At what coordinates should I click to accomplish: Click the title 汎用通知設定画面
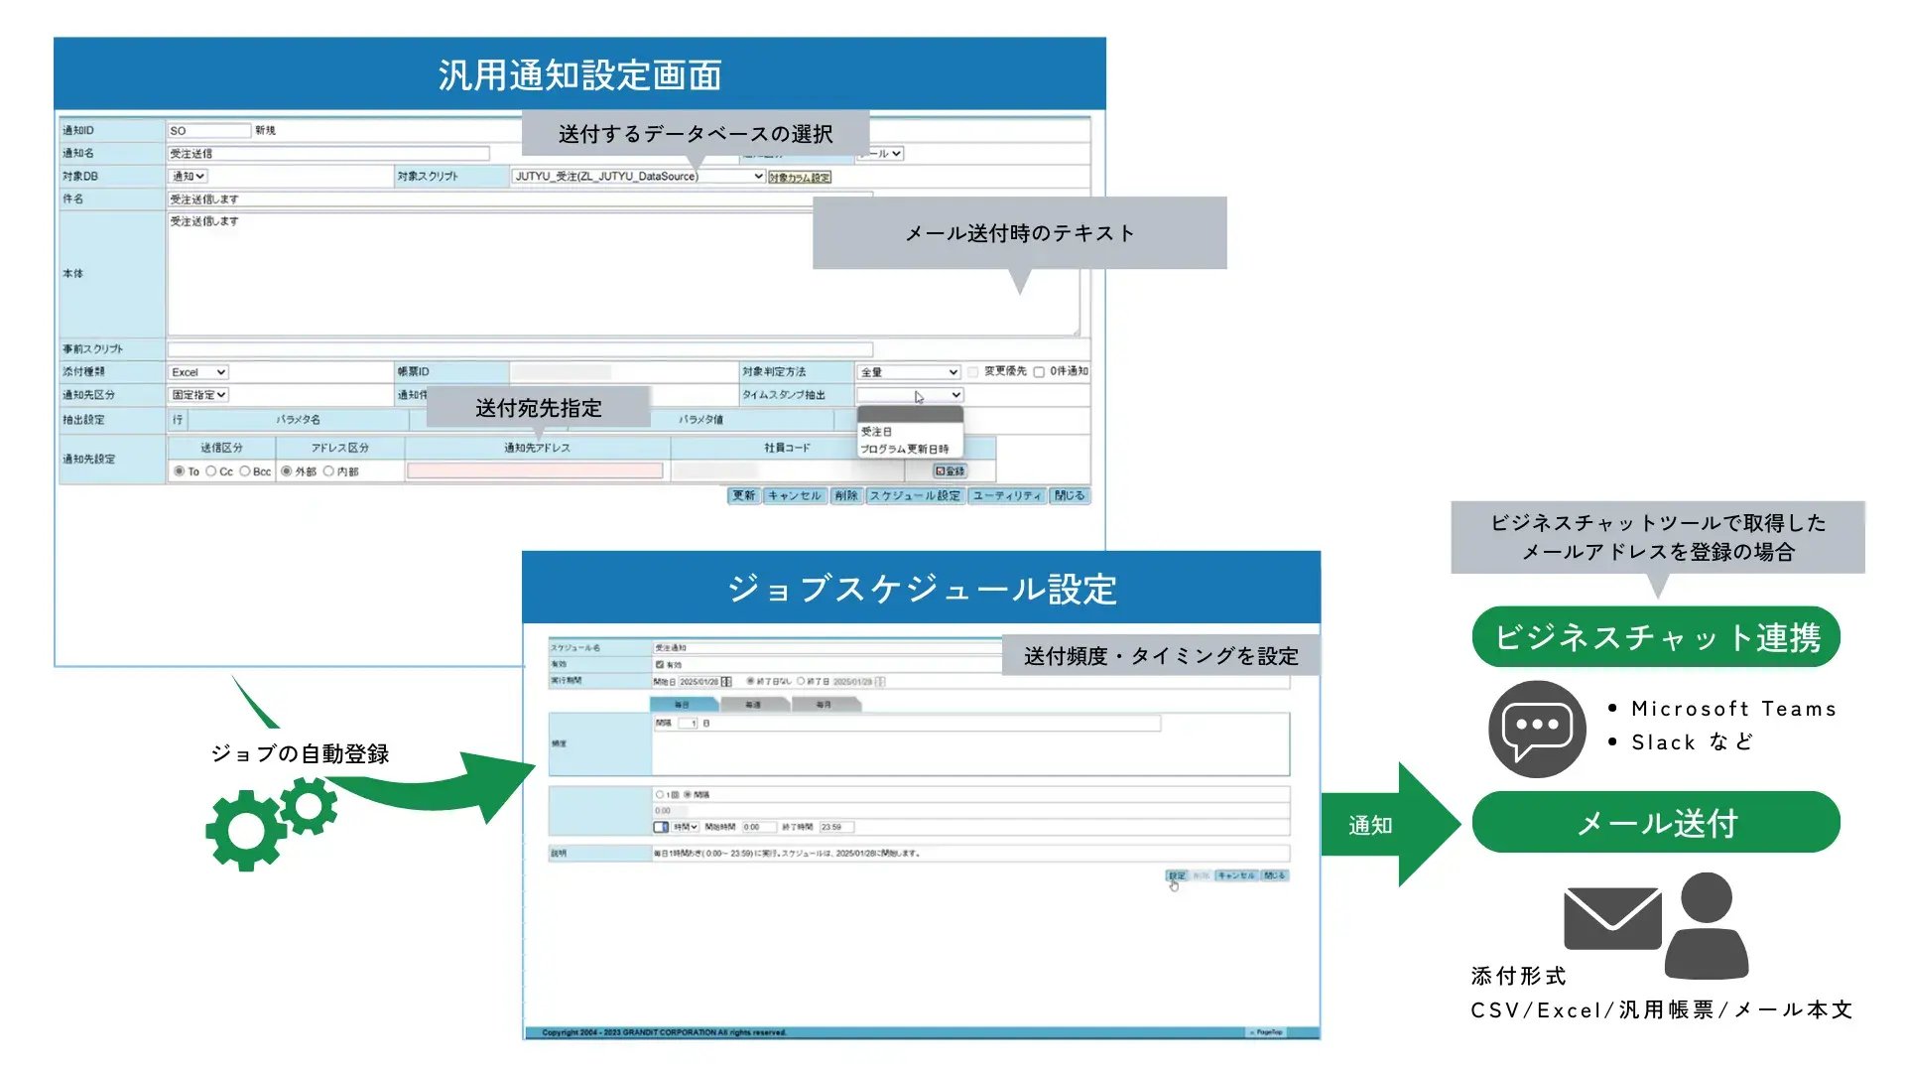click(579, 75)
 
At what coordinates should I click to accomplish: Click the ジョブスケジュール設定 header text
click(922, 590)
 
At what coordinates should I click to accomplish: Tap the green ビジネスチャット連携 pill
click(1656, 637)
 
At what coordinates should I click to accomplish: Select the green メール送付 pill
click(1656, 823)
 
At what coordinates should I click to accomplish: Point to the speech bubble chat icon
click(1537, 730)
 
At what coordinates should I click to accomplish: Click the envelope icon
click(1611, 918)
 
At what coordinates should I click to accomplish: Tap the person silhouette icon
click(1707, 928)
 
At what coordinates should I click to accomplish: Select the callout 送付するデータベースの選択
click(696, 134)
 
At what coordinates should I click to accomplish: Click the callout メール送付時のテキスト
click(1019, 233)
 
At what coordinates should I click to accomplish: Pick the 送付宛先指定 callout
click(539, 408)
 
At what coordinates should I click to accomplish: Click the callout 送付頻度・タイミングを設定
click(1161, 656)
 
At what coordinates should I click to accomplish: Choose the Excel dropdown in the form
click(198, 372)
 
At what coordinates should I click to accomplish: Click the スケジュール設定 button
click(915, 496)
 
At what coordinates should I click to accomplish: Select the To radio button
click(180, 471)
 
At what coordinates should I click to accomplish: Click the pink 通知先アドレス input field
click(535, 471)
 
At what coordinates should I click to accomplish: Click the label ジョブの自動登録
click(300, 754)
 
